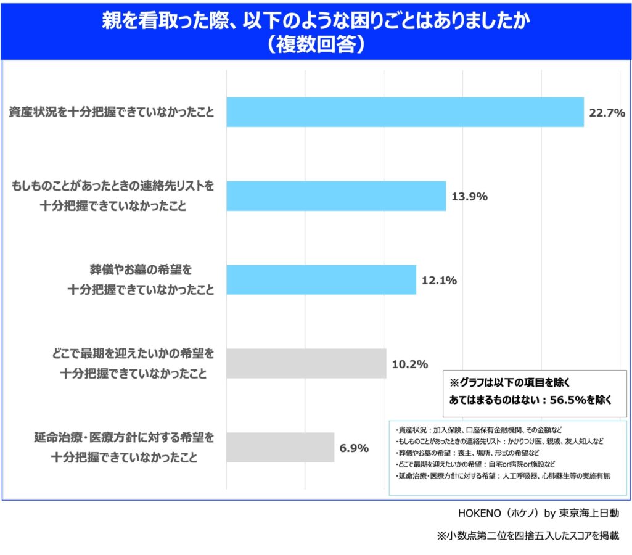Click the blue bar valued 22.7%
coord(405,112)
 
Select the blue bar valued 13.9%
coord(336,196)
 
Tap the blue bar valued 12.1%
coord(321,280)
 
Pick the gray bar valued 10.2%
coord(306,364)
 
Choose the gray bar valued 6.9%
coord(281,448)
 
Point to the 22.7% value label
coord(607,113)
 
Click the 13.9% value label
coord(470,197)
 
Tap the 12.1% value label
coord(439,281)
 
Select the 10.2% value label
coord(410,364)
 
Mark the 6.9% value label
coord(355,448)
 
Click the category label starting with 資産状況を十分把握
coord(112,112)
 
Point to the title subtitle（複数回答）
coord(316,45)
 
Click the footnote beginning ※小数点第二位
coord(527,535)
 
